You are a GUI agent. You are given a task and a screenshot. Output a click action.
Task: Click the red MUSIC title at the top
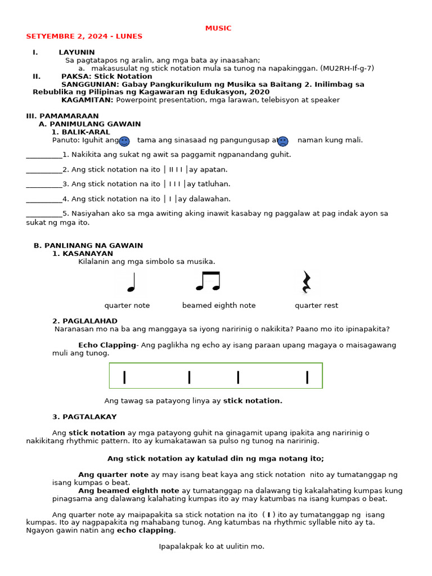[x=218, y=28]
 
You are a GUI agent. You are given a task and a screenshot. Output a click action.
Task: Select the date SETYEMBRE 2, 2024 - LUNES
[x=84, y=37]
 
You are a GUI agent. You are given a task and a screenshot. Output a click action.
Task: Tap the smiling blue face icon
[x=124, y=141]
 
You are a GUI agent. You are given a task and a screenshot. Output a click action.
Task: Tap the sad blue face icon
[x=283, y=141]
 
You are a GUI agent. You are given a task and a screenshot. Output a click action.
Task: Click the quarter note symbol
[x=132, y=282]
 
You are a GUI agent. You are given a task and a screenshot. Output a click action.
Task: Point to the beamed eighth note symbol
[x=208, y=281]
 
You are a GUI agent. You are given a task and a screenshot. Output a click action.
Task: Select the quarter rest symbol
[x=306, y=282]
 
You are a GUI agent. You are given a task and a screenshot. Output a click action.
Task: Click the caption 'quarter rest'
[x=316, y=305]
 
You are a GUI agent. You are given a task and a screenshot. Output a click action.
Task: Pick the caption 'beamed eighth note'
[x=219, y=305]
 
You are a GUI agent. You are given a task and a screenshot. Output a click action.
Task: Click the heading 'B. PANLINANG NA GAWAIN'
[x=88, y=245]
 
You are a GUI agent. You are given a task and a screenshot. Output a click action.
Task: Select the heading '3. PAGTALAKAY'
[x=84, y=417]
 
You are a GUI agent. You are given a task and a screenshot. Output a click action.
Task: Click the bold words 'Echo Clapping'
[x=107, y=345]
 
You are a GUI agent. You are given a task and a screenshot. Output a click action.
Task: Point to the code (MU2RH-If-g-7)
[x=347, y=69]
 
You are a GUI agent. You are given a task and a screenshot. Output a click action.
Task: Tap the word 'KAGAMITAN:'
[x=87, y=100]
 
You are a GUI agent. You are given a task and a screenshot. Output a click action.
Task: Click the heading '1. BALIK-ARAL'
[x=81, y=132]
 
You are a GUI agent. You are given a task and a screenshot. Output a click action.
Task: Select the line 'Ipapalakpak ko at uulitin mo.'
[x=211, y=546]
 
